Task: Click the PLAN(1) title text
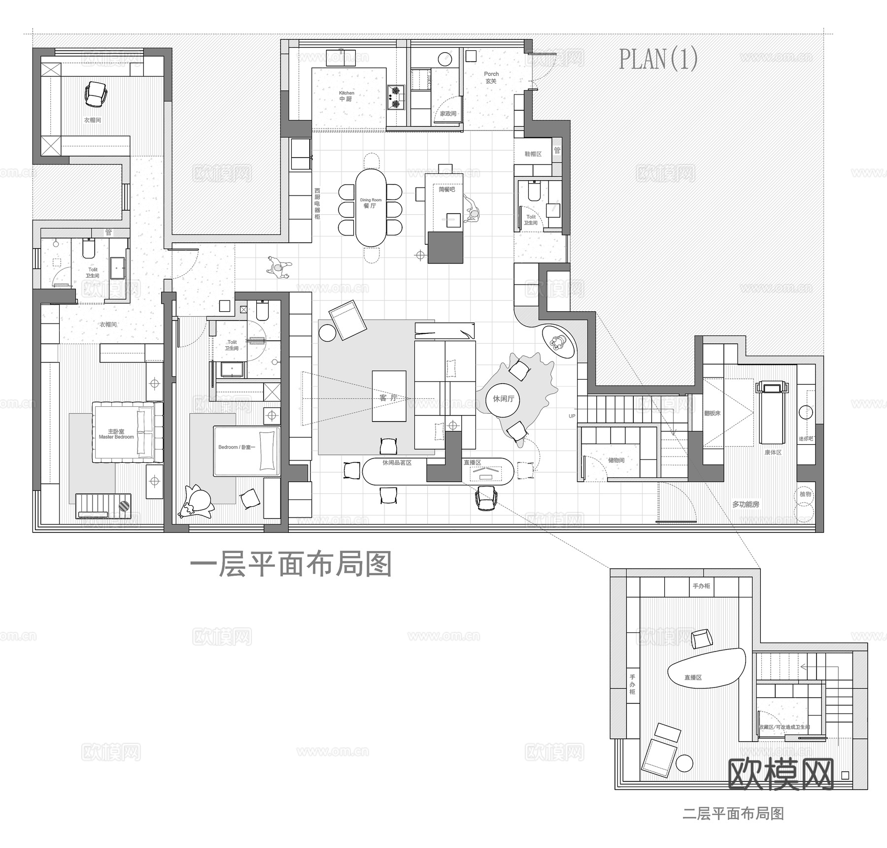pos(658,59)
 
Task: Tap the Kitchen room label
pos(346,96)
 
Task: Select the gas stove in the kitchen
pos(395,97)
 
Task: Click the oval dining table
pos(371,208)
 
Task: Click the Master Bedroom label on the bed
pos(116,434)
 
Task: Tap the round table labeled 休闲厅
pos(503,398)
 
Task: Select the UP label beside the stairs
pos(572,416)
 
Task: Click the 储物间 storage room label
pos(616,460)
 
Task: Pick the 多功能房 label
pos(745,504)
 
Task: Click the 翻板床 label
pos(712,413)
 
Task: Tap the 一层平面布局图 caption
pos(291,564)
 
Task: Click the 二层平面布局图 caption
pos(733,813)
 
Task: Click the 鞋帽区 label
pos(533,154)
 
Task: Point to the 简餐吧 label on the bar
pos(446,189)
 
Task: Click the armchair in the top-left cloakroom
pos(96,93)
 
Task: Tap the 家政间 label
pos(448,113)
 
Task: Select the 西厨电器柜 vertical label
pos(317,203)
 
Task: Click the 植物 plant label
pos(805,494)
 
